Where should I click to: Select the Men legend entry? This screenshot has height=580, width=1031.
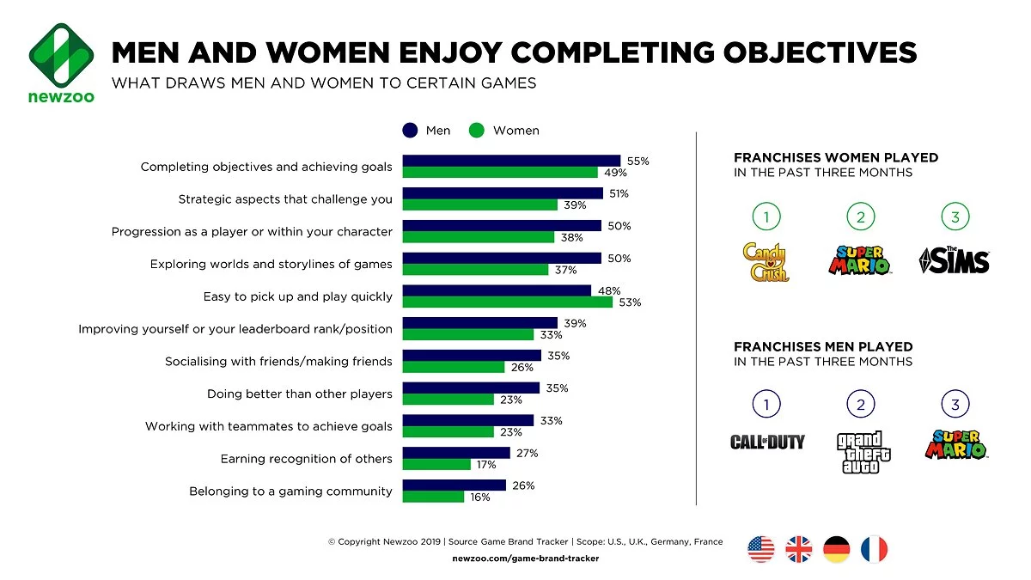click(x=426, y=131)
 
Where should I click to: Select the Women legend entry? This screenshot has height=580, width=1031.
click(x=504, y=131)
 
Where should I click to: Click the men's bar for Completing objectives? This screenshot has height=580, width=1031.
click(x=511, y=161)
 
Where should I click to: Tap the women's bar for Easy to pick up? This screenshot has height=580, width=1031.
click(x=507, y=302)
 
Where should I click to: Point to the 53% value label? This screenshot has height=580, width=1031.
click(x=630, y=302)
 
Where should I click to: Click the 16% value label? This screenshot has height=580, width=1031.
click(x=479, y=498)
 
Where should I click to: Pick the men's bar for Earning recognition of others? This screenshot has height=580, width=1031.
click(x=456, y=453)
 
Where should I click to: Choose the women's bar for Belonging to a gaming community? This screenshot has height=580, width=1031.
click(x=433, y=497)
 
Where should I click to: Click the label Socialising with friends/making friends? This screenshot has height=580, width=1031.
click(x=278, y=362)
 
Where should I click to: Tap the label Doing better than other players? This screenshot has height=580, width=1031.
click(x=299, y=394)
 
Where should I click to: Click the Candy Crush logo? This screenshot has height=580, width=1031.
click(x=766, y=261)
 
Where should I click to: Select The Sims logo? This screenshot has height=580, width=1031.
click(x=954, y=260)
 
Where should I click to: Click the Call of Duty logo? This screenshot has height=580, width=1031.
click(x=767, y=442)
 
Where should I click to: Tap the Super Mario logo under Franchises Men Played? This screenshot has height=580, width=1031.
click(x=955, y=444)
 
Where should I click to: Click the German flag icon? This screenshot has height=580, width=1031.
click(x=836, y=549)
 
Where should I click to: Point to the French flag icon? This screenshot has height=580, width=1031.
click(x=874, y=549)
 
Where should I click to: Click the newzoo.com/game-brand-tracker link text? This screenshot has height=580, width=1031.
click(x=525, y=559)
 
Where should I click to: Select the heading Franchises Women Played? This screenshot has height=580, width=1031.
click(x=835, y=158)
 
